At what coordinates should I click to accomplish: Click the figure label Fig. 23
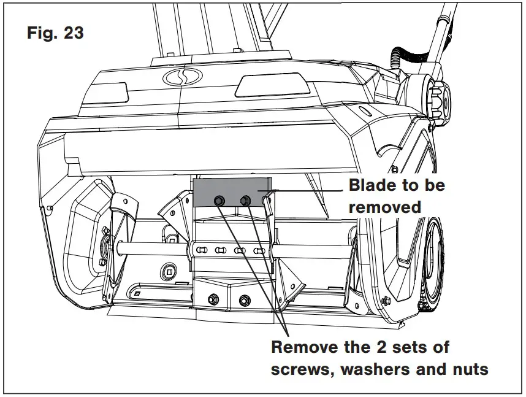pyautogui.click(x=55, y=32)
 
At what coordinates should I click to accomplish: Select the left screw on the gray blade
pyautogui.click(x=218, y=201)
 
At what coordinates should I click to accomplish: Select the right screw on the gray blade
pyautogui.click(x=246, y=199)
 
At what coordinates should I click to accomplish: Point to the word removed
pyautogui.click(x=385, y=207)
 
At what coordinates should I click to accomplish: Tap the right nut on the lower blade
pyautogui.click(x=245, y=299)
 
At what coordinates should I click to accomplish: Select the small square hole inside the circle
pyautogui.click(x=169, y=270)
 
